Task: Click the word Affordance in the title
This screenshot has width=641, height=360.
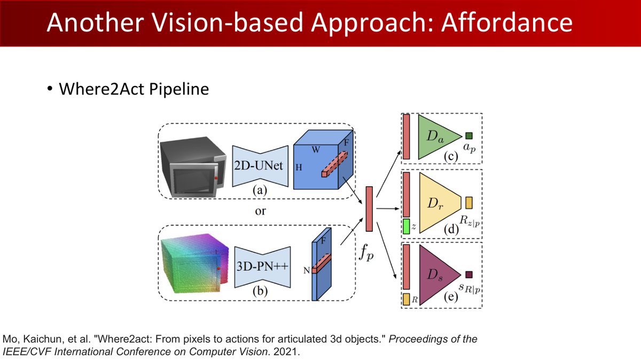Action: pyautogui.click(x=507, y=22)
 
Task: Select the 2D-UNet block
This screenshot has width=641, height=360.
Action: pyautogui.click(x=260, y=166)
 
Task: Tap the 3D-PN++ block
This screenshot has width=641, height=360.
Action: pyautogui.click(x=262, y=267)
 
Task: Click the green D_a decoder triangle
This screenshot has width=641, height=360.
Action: pyautogui.click(x=439, y=137)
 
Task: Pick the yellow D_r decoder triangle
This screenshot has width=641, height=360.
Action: pyautogui.click(x=440, y=203)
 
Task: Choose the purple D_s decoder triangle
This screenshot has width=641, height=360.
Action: pyautogui.click(x=439, y=275)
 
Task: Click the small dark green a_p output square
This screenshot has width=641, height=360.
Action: pyautogui.click(x=469, y=136)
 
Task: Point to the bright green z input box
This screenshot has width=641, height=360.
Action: pyautogui.click(x=407, y=226)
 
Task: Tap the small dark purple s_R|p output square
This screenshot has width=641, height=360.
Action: pyautogui.click(x=469, y=275)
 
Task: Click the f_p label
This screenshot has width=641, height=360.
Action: pyautogui.click(x=366, y=253)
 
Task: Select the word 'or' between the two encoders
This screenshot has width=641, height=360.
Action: pyautogui.click(x=260, y=212)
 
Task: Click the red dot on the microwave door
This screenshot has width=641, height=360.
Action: pyautogui.click(x=216, y=178)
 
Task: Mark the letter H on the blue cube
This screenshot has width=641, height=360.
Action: pyautogui.click(x=299, y=167)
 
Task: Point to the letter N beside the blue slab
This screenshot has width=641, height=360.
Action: pyautogui.click(x=307, y=270)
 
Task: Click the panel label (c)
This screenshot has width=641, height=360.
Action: pyautogui.click(x=451, y=156)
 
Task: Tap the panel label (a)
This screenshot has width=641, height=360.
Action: pyautogui.click(x=260, y=190)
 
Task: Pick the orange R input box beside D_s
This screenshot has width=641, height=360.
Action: pyautogui.click(x=407, y=299)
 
